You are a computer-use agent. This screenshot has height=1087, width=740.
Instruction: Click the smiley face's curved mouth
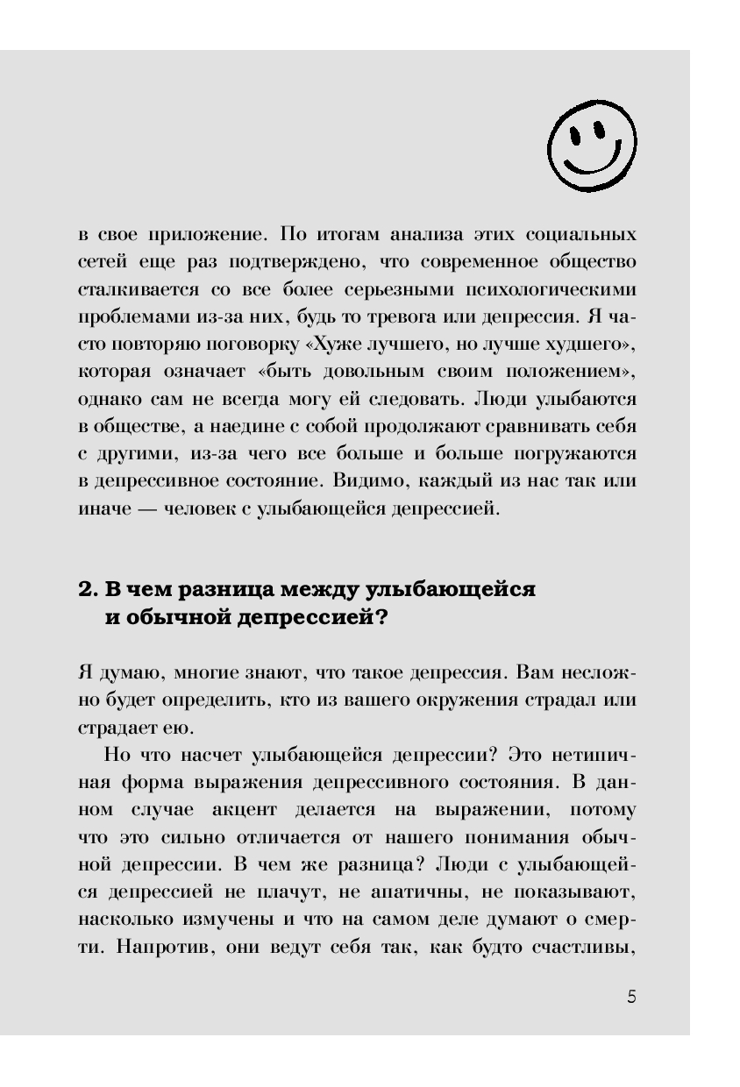click(590, 163)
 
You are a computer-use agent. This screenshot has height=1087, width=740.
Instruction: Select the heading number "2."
click(89, 588)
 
